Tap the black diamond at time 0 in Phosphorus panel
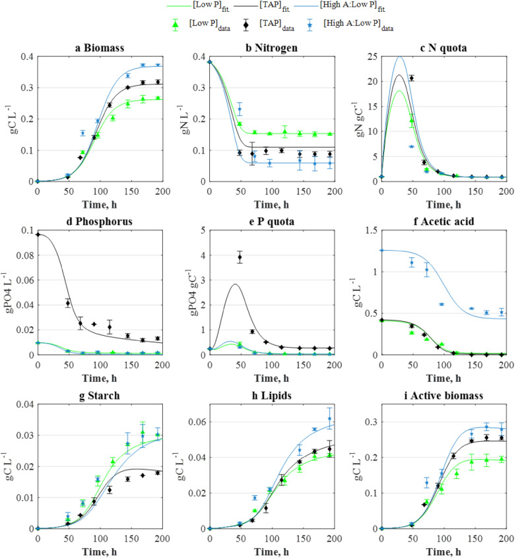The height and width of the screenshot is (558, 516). tap(37, 234)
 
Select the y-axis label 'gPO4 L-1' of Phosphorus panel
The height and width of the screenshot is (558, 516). tap(9, 292)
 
